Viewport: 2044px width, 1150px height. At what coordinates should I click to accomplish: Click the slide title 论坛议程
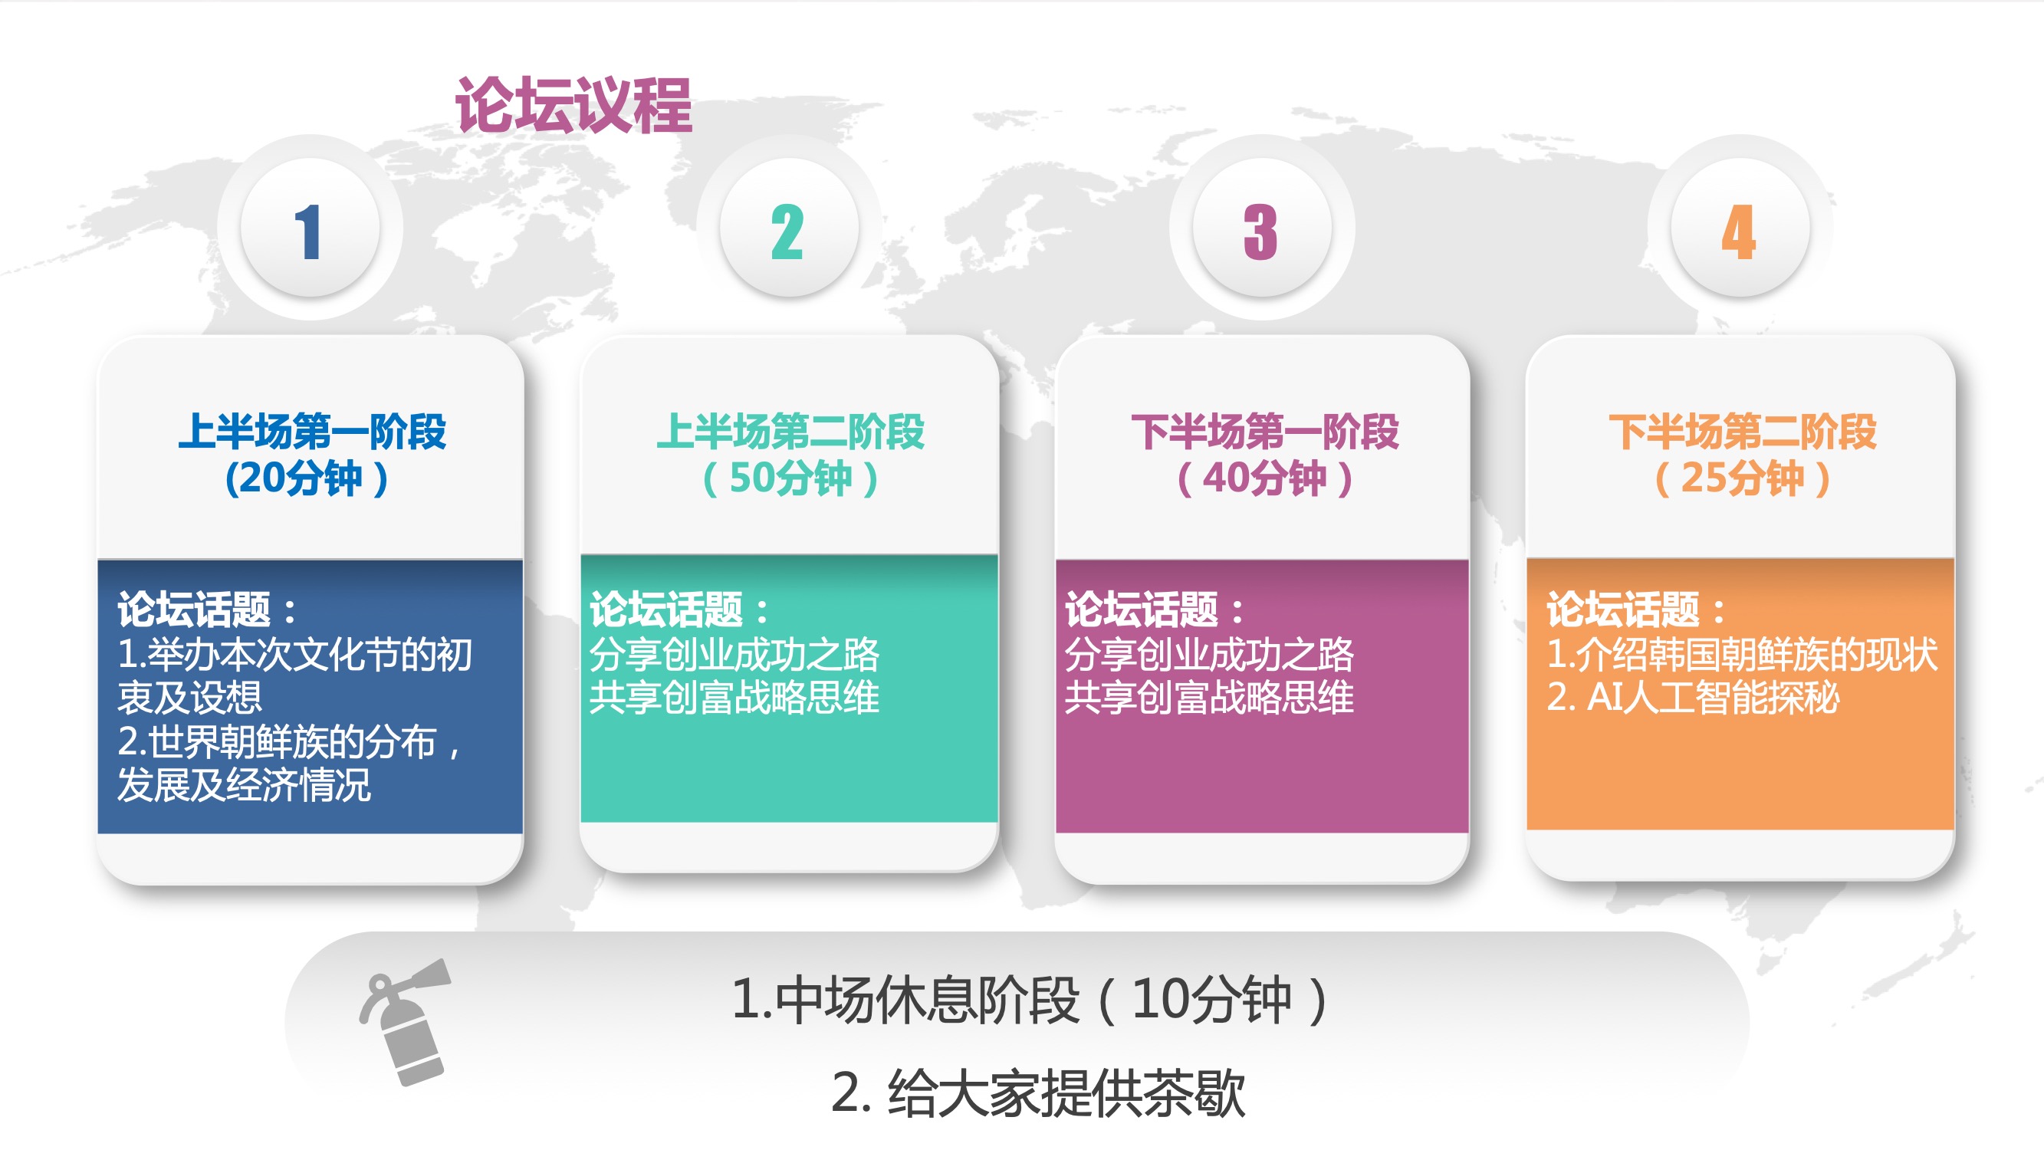click(573, 105)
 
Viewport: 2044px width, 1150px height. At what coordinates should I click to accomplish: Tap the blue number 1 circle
click(311, 228)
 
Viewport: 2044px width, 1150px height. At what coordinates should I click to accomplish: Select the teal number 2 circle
click(789, 228)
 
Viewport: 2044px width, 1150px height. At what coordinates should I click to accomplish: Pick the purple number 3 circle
click(1262, 228)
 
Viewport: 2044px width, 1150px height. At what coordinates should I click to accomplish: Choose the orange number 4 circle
click(1740, 228)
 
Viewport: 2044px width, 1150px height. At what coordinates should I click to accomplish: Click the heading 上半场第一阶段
click(312, 432)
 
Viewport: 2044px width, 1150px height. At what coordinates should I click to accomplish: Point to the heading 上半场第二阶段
click(791, 432)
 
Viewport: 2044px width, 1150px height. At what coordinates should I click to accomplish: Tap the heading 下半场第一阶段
click(1265, 432)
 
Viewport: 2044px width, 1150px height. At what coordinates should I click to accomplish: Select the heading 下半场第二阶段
click(1743, 432)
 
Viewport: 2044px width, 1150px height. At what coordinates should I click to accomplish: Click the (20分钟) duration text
click(307, 478)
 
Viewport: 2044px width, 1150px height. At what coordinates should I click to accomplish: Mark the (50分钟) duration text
click(791, 478)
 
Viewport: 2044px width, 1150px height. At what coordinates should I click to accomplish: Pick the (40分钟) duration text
click(1265, 478)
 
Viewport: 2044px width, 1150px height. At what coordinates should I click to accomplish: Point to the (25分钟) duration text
click(1743, 478)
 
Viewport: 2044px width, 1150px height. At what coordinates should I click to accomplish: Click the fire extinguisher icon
click(405, 1021)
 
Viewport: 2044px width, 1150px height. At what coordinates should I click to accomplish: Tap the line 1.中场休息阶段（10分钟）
click(1029, 999)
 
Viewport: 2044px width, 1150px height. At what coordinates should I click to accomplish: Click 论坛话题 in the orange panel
click(1623, 609)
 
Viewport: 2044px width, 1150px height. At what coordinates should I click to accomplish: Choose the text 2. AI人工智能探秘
click(1693, 698)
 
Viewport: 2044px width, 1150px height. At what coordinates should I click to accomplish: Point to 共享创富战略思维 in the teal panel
click(734, 698)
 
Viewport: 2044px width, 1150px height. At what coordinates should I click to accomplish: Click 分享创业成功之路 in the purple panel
click(1209, 654)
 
